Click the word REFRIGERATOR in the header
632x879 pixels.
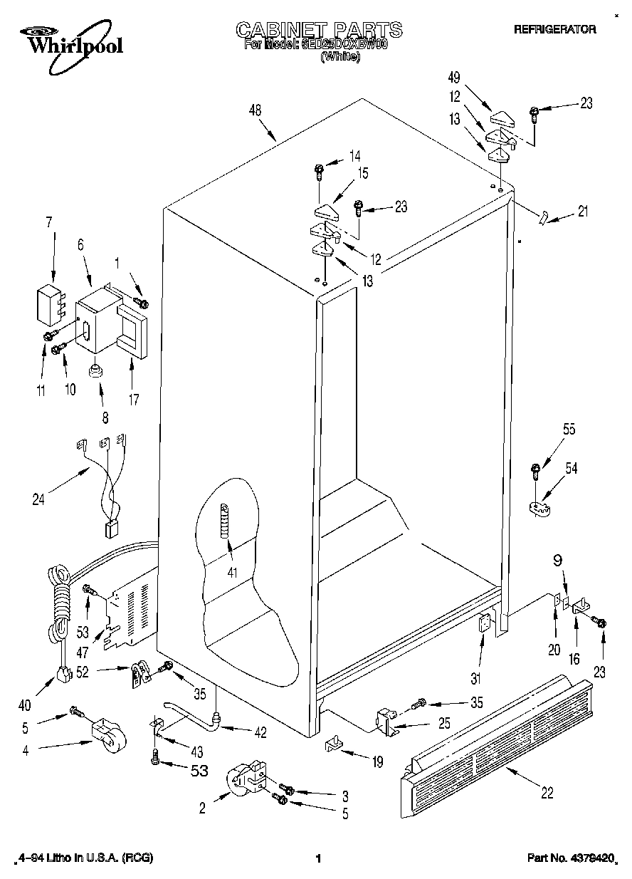554,30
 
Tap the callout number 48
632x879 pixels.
256,110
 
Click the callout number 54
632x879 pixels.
571,468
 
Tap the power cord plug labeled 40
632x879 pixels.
65,672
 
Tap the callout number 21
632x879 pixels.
583,210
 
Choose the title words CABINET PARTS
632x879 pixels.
318,29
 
